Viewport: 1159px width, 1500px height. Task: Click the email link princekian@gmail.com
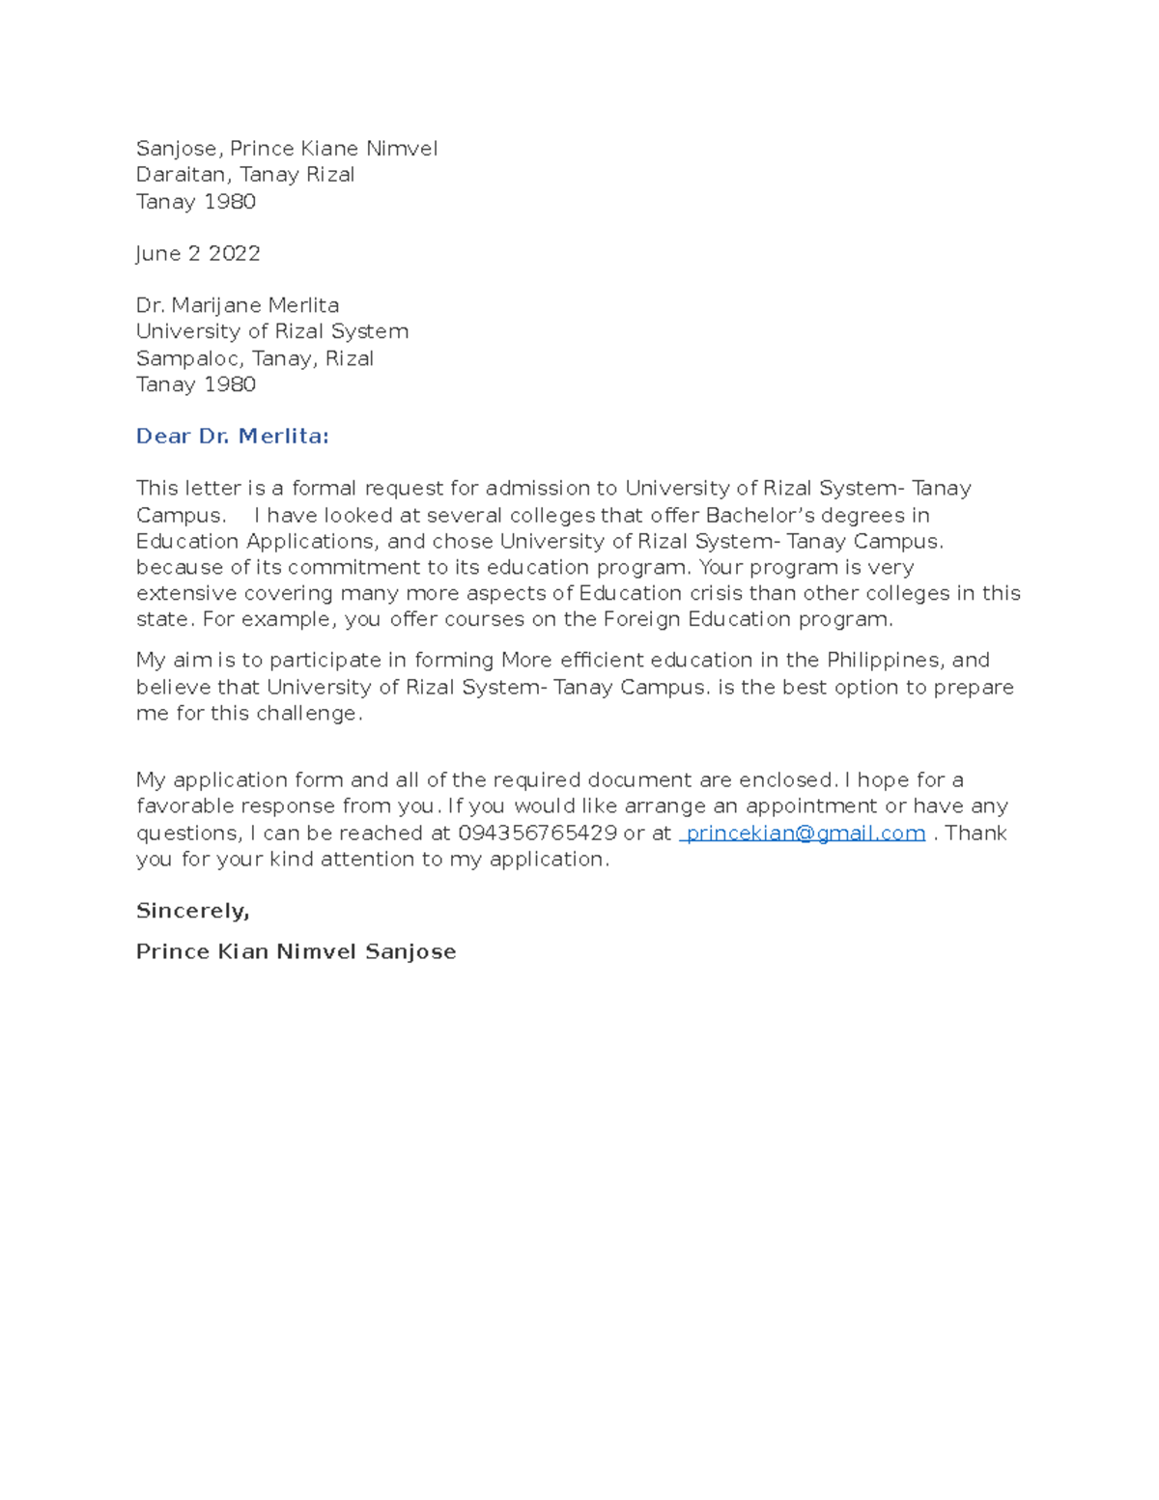(x=805, y=833)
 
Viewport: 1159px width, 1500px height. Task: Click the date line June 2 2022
(x=198, y=253)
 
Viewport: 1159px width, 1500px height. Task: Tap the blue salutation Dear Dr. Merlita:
(x=232, y=436)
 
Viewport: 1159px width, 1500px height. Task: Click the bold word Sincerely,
(x=192, y=910)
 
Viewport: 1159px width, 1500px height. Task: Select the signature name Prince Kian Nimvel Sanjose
(x=296, y=951)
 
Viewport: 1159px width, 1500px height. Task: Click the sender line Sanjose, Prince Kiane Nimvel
(x=287, y=149)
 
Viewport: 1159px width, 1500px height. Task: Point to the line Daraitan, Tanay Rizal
(x=245, y=175)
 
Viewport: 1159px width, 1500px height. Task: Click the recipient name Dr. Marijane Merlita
(x=238, y=305)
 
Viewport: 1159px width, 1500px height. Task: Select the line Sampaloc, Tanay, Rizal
(x=255, y=358)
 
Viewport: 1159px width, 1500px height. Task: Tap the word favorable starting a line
(x=184, y=806)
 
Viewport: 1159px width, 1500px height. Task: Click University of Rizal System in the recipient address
(x=272, y=331)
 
